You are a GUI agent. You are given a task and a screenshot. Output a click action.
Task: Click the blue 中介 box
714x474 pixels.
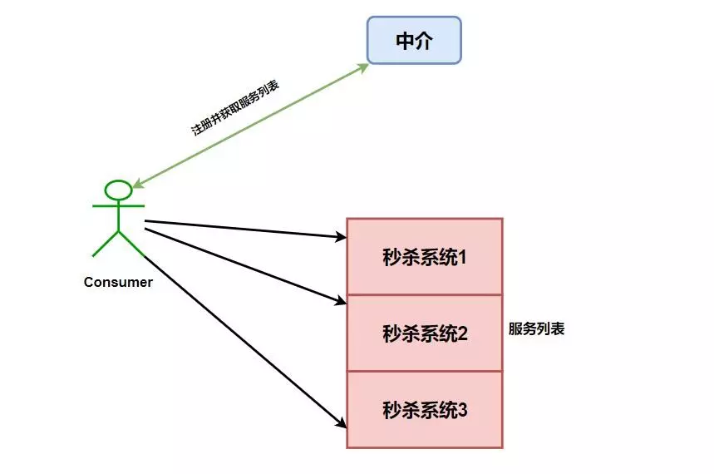pos(414,41)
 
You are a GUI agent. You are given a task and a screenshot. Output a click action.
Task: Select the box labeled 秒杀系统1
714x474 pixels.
pos(425,256)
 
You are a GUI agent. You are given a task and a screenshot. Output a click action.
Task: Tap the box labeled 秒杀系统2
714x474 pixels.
pos(425,333)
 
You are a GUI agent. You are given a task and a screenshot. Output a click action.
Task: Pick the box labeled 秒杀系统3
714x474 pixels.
pos(425,409)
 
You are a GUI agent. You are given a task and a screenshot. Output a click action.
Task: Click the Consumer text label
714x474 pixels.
pos(118,282)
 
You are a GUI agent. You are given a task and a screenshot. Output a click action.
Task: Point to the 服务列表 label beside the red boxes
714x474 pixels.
pos(536,328)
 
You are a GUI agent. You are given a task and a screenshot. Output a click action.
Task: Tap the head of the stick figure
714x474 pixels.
pos(118,190)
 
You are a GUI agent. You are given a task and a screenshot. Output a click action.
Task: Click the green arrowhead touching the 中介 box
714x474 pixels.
pos(364,67)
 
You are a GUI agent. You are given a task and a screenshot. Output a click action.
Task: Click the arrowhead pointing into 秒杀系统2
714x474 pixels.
pos(341,300)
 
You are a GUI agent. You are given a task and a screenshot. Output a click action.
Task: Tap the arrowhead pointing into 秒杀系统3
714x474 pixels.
pos(341,422)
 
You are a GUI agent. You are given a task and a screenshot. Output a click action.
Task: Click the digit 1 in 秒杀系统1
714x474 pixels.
pos(462,257)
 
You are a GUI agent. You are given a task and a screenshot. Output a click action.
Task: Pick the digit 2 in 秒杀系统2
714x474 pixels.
pos(463,333)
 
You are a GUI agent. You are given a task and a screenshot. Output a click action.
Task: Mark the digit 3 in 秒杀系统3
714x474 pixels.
pos(463,410)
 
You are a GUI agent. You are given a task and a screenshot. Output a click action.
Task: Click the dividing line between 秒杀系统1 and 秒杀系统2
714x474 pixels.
pos(425,294)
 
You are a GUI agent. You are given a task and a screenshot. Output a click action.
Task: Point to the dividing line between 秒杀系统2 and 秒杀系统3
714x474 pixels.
pos(425,371)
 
